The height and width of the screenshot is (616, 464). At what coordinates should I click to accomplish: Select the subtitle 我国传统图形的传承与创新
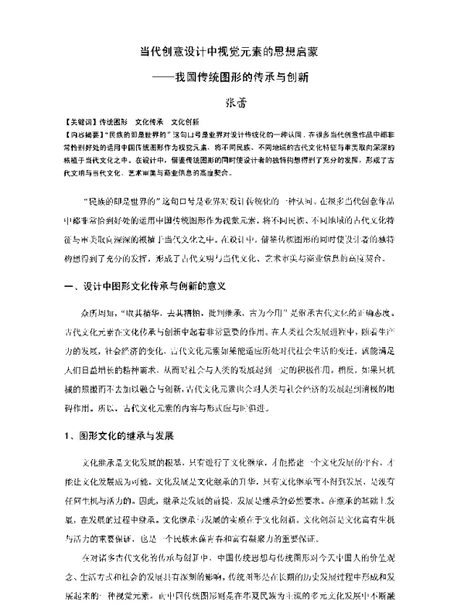pyautogui.click(x=242, y=78)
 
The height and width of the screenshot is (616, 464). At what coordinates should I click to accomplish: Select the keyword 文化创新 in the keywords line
pyautogui.click(x=185, y=122)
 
